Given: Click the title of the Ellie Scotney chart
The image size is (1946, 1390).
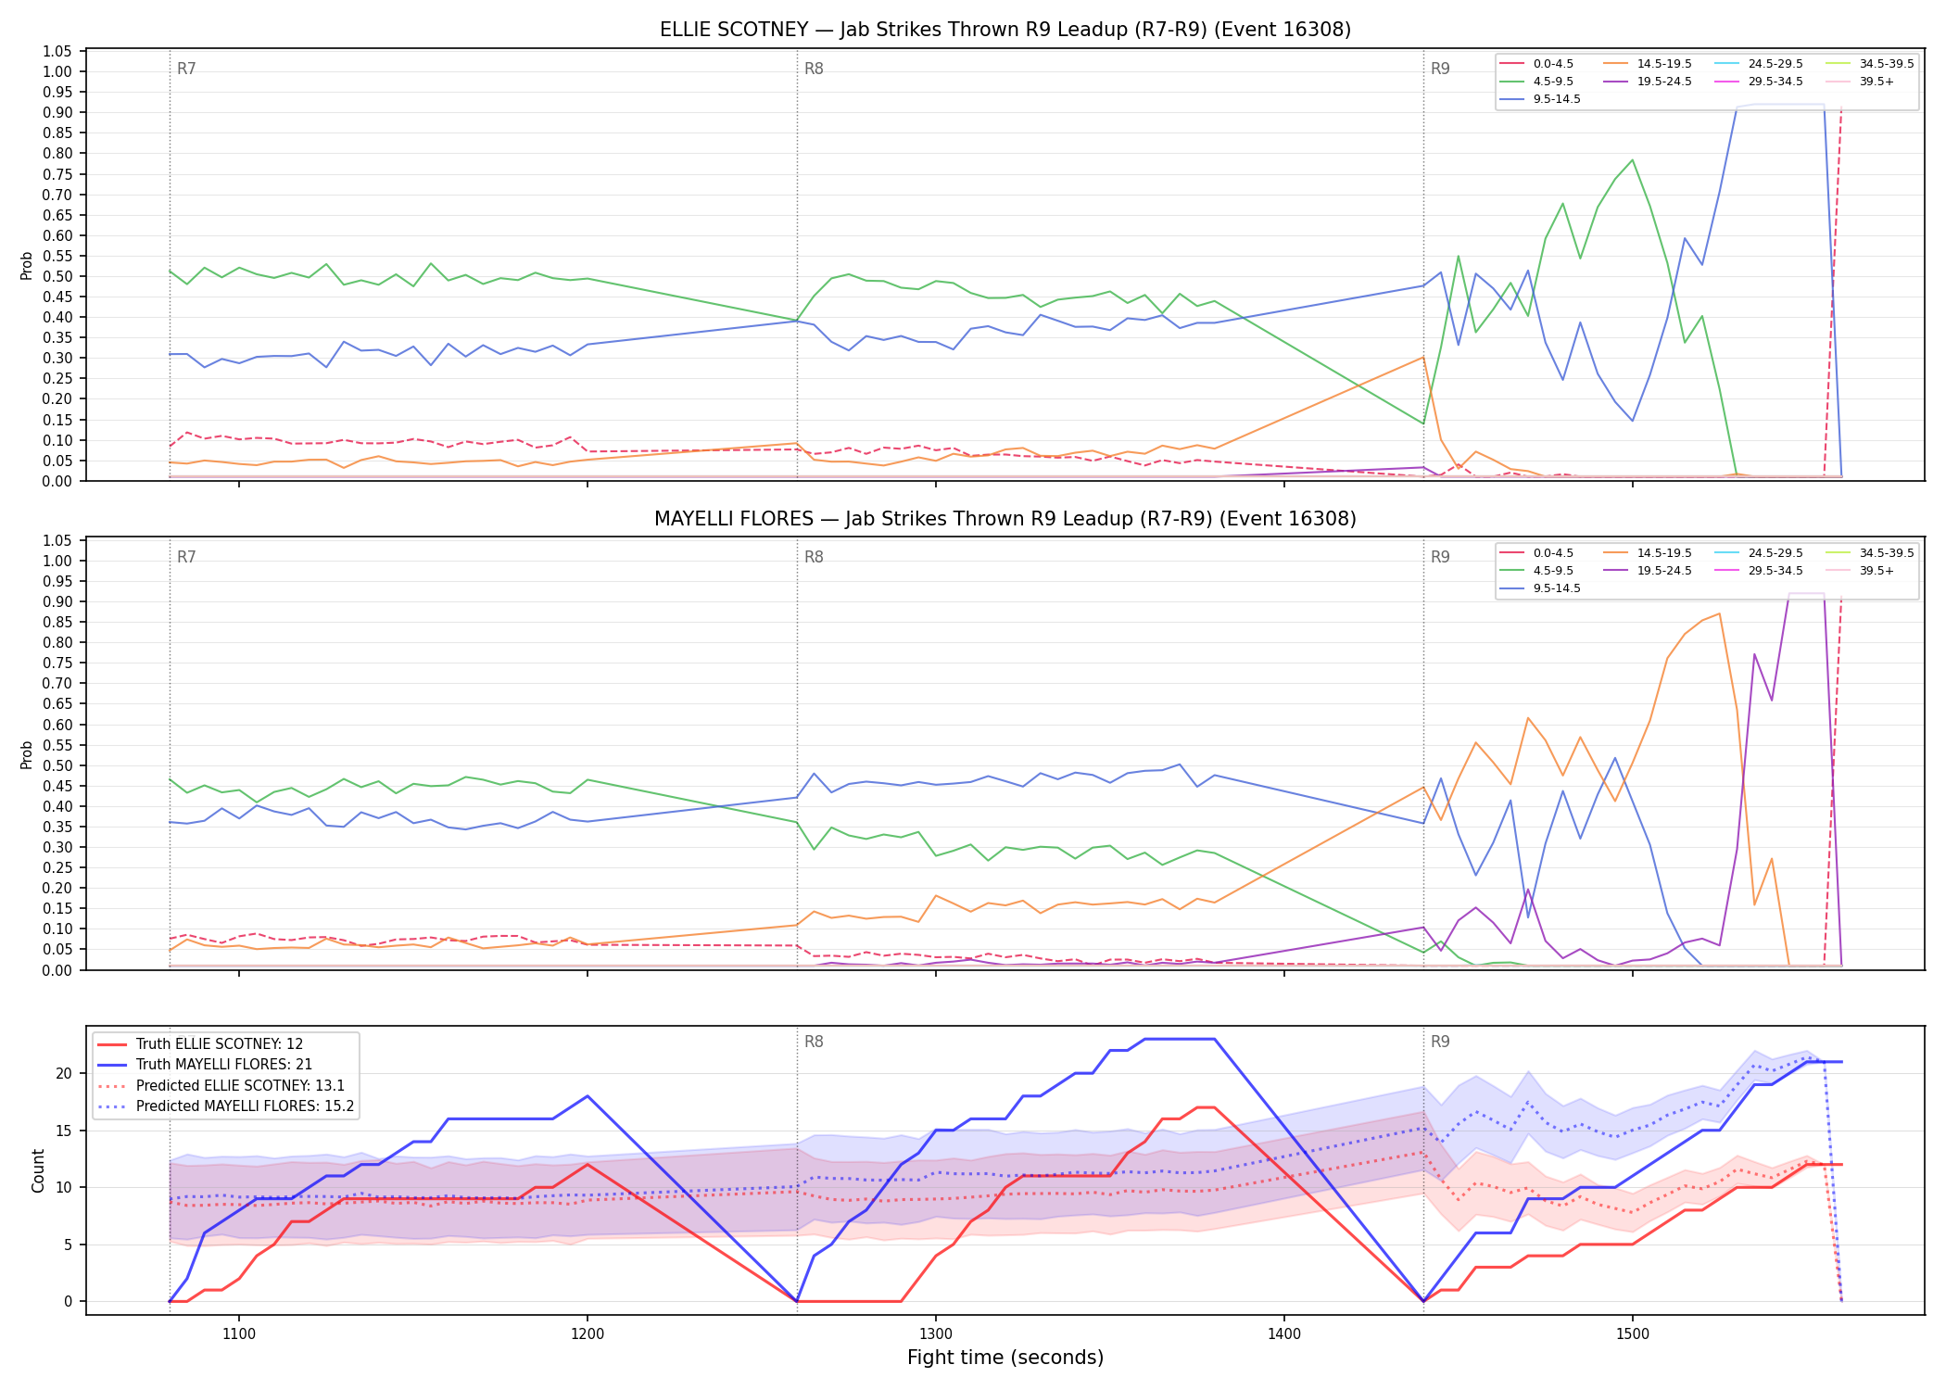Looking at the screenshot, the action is coord(1005,30).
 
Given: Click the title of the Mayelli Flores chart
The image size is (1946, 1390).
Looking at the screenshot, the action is coord(1005,519).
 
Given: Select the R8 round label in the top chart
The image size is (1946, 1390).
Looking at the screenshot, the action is coord(814,69).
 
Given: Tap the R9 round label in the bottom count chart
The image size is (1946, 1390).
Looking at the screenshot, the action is coord(1440,1042).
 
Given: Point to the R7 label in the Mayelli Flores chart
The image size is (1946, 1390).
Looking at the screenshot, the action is coord(186,557).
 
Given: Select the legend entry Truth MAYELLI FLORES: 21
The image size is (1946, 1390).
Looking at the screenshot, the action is coord(224,1065).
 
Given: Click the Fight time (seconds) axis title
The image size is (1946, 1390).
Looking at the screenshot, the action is coord(1005,1358).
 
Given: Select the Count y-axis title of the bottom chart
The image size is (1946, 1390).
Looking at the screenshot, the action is coord(38,1170).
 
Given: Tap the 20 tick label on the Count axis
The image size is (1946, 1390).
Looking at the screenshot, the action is coord(64,1073).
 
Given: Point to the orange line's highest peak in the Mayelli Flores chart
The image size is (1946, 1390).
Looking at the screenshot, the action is coord(1719,613).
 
